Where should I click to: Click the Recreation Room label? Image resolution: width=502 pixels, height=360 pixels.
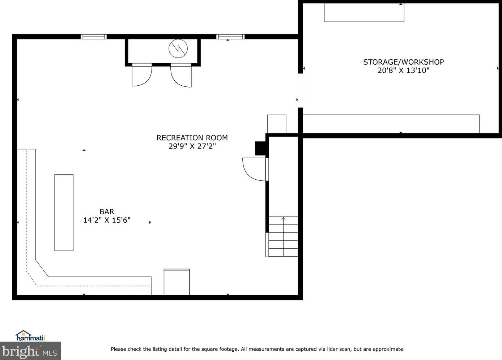click(192, 138)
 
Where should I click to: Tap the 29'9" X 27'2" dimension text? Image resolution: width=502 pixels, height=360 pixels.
click(192, 146)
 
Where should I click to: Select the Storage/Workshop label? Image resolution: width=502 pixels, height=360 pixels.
click(403, 62)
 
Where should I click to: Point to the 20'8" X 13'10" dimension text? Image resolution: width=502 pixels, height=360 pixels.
click(403, 70)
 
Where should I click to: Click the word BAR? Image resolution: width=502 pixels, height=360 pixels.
click(107, 212)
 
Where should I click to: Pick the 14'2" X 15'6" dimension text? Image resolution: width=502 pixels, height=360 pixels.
click(107, 220)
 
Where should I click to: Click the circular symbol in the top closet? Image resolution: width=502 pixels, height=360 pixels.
click(178, 48)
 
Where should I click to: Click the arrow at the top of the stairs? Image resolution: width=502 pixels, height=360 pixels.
click(283, 219)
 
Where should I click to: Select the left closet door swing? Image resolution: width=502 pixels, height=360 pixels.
click(141, 75)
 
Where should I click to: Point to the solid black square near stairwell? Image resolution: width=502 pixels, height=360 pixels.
click(260, 148)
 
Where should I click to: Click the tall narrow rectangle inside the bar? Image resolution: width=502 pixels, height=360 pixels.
click(64, 213)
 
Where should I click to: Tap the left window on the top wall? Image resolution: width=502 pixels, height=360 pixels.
click(93, 37)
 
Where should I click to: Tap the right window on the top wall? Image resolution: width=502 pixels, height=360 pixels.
click(230, 37)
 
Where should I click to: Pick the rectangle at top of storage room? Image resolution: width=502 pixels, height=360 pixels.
click(364, 13)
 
